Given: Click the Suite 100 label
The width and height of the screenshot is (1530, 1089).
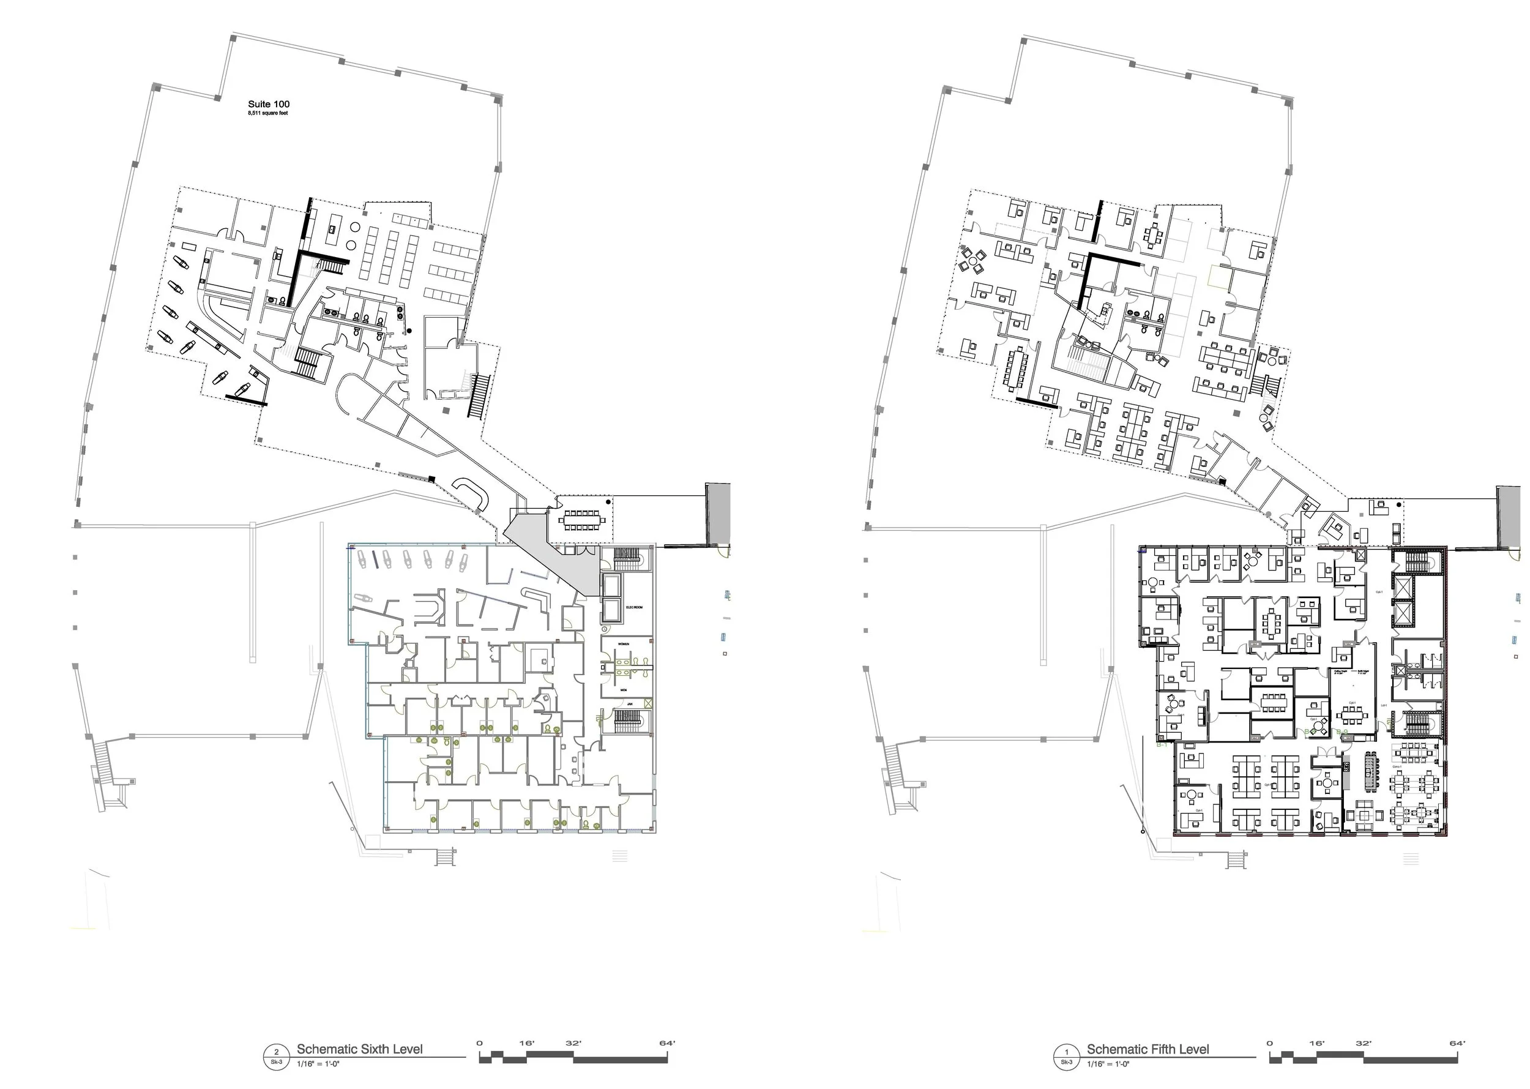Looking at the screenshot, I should (x=268, y=104).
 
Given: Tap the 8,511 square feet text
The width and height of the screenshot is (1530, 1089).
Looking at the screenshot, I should (x=267, y=113).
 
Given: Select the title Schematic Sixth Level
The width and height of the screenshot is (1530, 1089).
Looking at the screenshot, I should (x=359, y=1049).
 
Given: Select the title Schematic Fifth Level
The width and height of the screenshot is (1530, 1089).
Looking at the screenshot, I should (x=1148, y=1049).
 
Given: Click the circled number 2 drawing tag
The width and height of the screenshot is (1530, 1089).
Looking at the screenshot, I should (x=276, y=1053).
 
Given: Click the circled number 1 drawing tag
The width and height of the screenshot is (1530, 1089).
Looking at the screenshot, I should (x=1067, y=1053).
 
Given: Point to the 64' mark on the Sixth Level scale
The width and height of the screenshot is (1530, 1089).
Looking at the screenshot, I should (x=667, y=1044).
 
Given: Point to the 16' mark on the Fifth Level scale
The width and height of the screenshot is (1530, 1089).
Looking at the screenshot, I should (x=1317, y=1044).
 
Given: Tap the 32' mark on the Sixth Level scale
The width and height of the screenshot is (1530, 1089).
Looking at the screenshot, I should (x=573, y=1044).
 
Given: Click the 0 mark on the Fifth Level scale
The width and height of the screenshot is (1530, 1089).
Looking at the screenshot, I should (x=1269, y=1044).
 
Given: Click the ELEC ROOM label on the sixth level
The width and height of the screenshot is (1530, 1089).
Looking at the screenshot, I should (x=634, y=607).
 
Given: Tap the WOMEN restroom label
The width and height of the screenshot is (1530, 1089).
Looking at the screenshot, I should (x=624, y=644).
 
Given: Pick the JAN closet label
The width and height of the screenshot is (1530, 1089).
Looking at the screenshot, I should (x=630, y=704).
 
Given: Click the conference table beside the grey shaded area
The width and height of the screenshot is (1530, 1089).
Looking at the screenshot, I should (x=581, y=520).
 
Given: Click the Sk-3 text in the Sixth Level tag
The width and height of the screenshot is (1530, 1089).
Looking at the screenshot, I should (x=276, y=1062).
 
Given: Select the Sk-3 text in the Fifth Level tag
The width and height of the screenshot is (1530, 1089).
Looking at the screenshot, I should (x=1067, y=1062).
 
